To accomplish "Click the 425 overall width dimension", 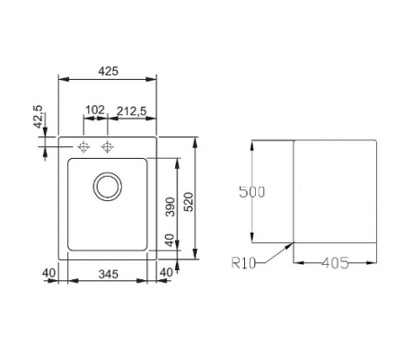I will pos(108,68).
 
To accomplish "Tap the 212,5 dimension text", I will pos(134,110).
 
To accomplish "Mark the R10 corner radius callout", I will pos(244,263).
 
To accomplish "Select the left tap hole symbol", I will pos(84,146).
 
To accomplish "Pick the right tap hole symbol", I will pos(108,146).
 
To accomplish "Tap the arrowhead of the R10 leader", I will pos(291,245).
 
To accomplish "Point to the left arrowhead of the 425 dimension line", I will pos(61,78).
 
